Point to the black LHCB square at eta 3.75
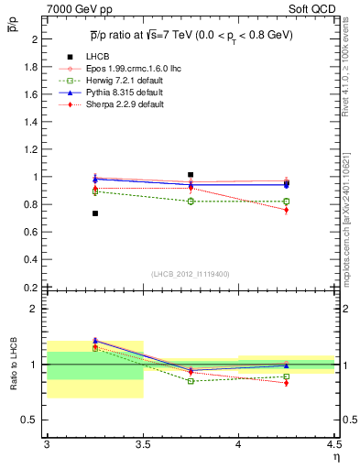[191, 174]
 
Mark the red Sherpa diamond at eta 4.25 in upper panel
[286, 210]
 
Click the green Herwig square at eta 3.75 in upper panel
[191, 201]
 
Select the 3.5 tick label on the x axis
[143, 444]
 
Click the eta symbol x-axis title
[335, 455]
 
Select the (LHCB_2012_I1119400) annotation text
[191, 274]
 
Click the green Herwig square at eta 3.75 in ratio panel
[191, 381]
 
